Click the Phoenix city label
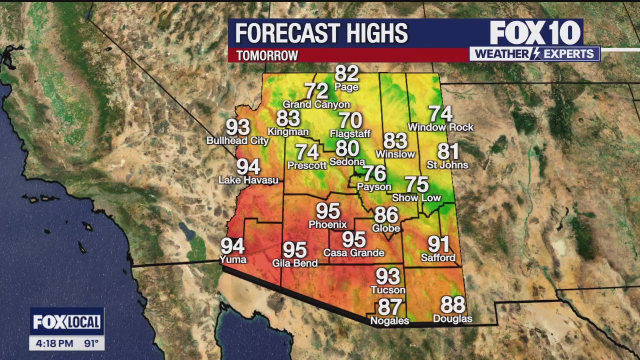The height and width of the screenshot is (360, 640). tap(327, 224)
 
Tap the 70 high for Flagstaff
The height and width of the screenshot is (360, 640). tap(350, 121)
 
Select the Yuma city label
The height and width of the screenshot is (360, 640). tap(233, 259)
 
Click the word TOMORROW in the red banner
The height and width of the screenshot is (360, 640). tap(267, 55)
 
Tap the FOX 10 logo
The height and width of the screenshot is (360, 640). tap(535, 33)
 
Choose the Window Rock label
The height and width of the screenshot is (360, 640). tap(440, 127)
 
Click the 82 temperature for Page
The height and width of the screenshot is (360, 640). tap(346, 74)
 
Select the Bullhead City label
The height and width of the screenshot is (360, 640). tap(237, 141)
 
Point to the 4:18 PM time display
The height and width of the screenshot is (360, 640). tap(54, 343)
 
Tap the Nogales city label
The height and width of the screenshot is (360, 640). tap(389, 321)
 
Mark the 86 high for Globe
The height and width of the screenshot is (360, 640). tap(386, 215)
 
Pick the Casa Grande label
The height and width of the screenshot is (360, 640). tap(353, 253)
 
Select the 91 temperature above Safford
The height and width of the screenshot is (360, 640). tap(438, 244)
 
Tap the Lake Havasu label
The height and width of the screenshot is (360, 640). tap(248, 180)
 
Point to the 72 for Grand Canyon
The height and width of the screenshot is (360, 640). tap(316, 91)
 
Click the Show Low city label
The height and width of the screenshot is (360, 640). tap(416, 198)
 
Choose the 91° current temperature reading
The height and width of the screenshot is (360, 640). tap(91, 343)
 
